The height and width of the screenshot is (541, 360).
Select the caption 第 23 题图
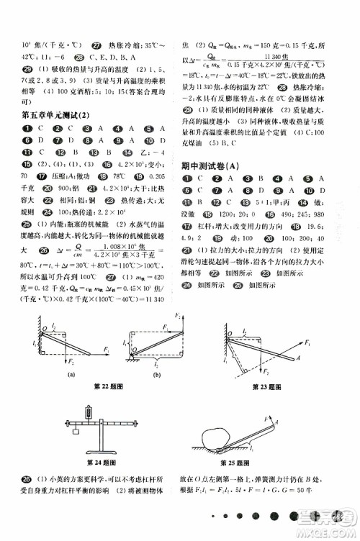(x=267, y=388)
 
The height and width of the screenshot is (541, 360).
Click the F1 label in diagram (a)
(x=106, y=349)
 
